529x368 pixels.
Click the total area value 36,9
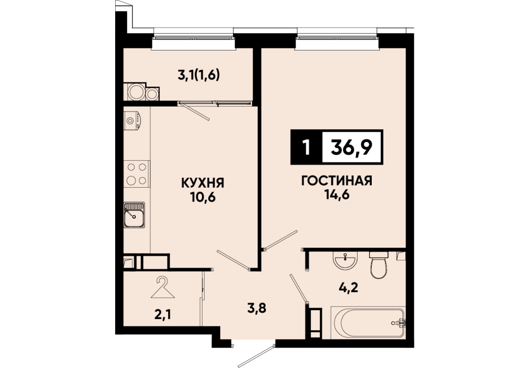[352, 147]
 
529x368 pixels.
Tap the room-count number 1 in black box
[307, 147]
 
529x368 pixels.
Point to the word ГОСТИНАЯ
[337, 181]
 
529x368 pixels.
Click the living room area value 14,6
[337, 195]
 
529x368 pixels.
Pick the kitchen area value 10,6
[202, 197]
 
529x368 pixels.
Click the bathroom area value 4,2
[348, 289]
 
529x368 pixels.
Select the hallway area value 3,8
[257, 308]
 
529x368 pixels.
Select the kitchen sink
[134, 215]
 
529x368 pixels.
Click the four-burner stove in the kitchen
[137, 173]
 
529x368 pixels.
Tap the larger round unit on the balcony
[137, 91]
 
